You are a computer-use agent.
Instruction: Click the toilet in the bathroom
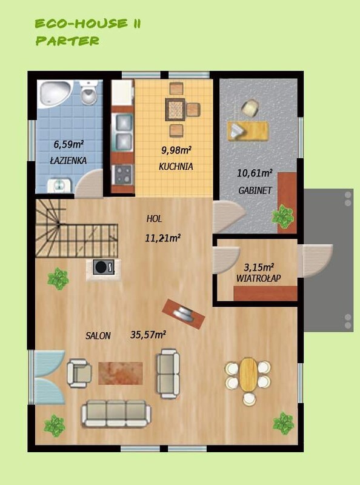[88, 92]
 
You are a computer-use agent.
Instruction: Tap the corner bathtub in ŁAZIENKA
[55, 93]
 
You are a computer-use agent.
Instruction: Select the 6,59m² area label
[68, 144]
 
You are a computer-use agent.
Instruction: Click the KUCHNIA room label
[176, 166]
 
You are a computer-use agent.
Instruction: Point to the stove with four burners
[123, 175]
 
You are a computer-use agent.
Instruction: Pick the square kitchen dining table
[175, 110]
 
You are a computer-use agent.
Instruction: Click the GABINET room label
[255, 190]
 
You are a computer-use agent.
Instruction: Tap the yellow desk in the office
[248, 131]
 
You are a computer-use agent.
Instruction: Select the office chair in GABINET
[251, 108]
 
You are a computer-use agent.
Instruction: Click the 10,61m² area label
[255, 173]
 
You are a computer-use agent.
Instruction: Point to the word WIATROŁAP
[259, 278]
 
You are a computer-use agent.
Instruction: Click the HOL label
[154, 219]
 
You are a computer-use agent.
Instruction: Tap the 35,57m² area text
[148, 335]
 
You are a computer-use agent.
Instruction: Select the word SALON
[98, 336]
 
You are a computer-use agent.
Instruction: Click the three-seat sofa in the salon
[116, 413]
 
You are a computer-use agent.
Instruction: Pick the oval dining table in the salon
[248, 374]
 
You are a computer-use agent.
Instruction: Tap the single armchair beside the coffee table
[79, 373]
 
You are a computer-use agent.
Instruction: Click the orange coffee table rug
[121, 373]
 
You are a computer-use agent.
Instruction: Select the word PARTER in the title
[67, 41]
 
